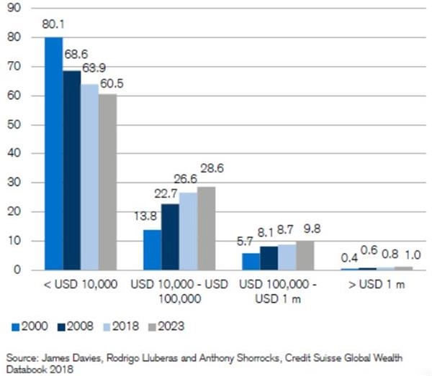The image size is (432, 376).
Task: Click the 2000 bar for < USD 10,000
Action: click(53, 153)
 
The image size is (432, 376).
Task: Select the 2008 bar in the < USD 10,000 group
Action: click(71, 170)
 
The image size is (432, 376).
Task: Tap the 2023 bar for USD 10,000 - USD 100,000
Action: click(206, 228)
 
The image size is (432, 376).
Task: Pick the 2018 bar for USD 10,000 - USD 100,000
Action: click(188, 231)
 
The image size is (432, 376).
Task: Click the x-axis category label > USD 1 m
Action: click(376, 285)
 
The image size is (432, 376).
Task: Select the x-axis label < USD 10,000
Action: click(81, 285)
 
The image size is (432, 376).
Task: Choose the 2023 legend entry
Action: click(170, 326)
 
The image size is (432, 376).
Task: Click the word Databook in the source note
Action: click(23, 370)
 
